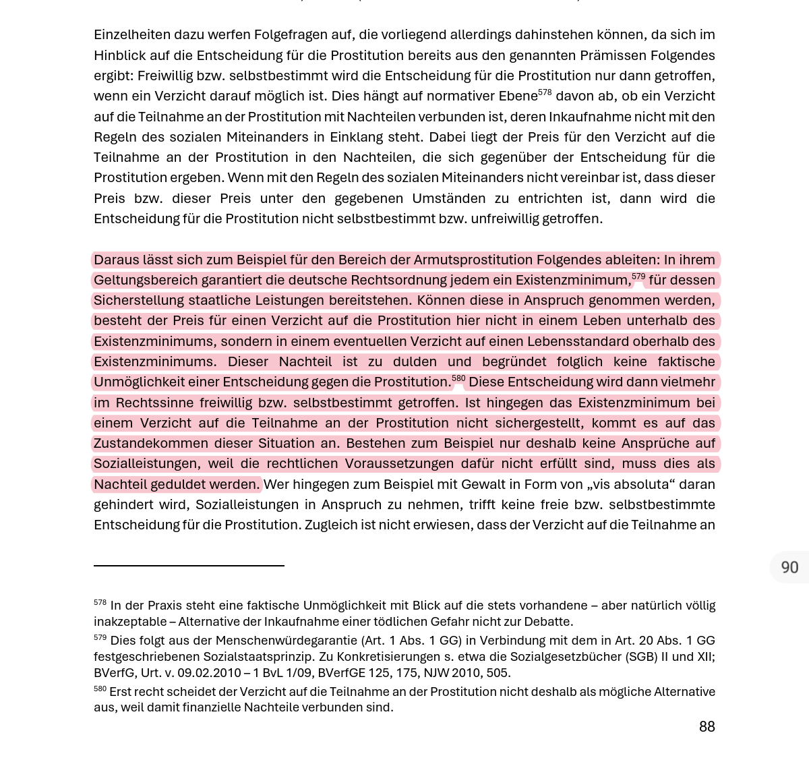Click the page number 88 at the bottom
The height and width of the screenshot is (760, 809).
click(707, 726)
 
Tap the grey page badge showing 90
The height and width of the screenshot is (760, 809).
click(789, 567)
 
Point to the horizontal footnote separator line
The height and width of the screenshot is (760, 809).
click(189, 566)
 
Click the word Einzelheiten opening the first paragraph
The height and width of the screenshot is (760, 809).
click(132, 34)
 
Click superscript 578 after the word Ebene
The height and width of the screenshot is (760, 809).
click(545, 92)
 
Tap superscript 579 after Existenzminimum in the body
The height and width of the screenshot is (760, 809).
click(638, 276)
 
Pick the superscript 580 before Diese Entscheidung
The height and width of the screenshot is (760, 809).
click(458, 378)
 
